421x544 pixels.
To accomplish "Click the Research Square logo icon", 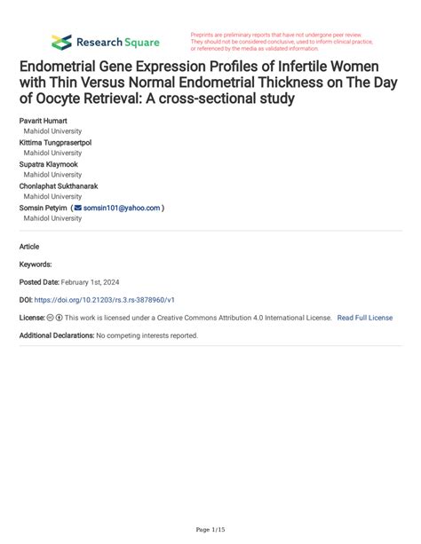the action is point(61,42).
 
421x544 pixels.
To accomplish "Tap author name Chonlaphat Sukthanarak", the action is point(59,185).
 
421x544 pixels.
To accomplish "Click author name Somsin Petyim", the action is point(41,208).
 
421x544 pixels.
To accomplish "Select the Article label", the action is point(29,247).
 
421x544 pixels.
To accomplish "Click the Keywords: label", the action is point(36,264).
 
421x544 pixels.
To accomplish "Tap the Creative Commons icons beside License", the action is point(59,318).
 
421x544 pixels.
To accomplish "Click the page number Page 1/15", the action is point(210,529).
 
